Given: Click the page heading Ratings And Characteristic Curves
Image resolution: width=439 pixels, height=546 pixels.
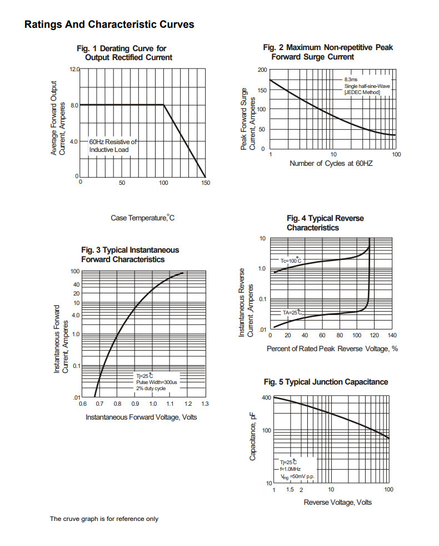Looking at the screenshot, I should (x=109, y=24).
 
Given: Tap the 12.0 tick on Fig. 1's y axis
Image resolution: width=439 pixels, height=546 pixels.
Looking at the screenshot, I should (x=74, y=70).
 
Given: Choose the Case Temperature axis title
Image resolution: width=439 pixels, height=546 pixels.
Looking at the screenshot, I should (x=143, y=218).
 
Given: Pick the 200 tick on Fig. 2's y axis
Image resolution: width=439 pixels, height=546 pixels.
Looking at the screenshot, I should (x=262, y=70).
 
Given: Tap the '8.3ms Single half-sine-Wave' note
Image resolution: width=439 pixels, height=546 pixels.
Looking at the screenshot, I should (x=366, y=86).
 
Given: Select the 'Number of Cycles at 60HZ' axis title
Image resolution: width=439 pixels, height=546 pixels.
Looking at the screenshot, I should (x=331, y=164).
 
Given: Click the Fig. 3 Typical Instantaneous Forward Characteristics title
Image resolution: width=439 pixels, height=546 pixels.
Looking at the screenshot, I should (x=130, y=255).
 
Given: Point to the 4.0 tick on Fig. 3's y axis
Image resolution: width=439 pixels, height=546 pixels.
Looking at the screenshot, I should (x=76, y=315).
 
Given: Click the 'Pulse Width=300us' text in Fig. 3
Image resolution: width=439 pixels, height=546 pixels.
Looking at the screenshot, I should (x=156, y=382).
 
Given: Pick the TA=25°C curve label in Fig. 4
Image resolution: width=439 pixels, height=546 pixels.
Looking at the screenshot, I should (x=292, y=313).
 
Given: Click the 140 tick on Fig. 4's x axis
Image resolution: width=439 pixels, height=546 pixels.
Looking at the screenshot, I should (x=392, y=336).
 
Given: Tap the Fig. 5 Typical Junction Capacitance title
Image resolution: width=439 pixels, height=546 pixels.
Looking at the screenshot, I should (x=326, y=382).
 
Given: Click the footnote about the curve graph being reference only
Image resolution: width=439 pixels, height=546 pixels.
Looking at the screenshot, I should (x=104, y=519).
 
